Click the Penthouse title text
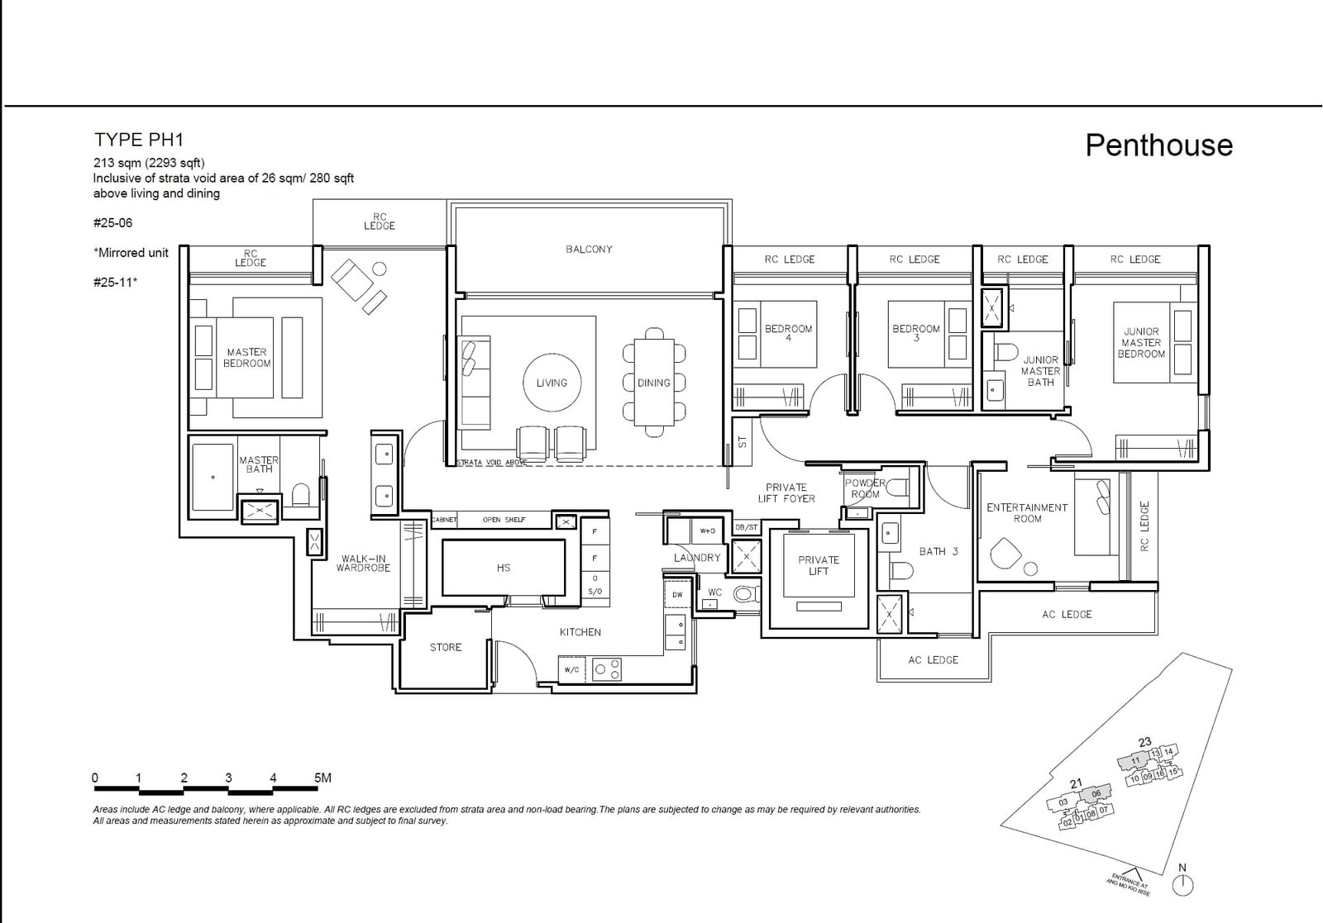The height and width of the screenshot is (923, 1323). (x=1158, y=145)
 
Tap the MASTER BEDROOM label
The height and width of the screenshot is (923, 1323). (x=246, y=358)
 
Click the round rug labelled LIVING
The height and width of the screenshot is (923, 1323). (x=552, y=383)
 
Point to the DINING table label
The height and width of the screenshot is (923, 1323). (x=653, y=383)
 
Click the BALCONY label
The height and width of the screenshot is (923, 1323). (x=589, y=249)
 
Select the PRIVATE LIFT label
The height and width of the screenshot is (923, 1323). (x=819, y=565)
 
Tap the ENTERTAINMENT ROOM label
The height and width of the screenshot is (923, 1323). (x=1027, y=513)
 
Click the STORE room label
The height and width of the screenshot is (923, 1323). (x=446, y=647)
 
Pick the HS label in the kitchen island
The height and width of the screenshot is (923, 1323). (x=504, y=568)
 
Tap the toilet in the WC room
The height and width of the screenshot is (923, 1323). (x=746, y=593)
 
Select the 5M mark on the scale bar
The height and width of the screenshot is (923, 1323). (x=322, y=778)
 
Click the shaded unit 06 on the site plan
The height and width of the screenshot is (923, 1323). (x=1096, y=793)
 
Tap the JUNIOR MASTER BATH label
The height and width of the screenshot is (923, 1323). (x=1040, y=371)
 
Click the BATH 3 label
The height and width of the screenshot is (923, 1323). (x=939, y=551)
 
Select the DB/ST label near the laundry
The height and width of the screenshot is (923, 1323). (x=746, y=527)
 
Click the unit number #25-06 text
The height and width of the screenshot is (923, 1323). (x=113, y=223)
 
